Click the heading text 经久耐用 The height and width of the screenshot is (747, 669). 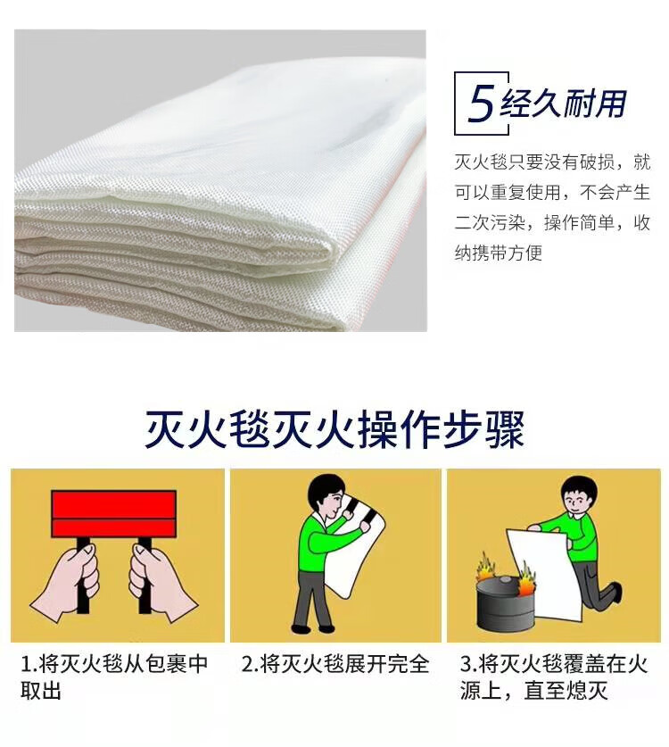tap(563, 103)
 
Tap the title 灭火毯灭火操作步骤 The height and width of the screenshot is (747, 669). tap(334, 428)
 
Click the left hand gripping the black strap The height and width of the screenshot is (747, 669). tap(68, 584)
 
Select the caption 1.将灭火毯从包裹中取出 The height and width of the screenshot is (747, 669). tap(114, 676)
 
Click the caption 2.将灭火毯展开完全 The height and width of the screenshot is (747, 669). tap(335, 664)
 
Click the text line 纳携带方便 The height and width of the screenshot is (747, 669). tap(499, 253)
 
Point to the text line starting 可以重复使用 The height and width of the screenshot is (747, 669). tap(552, 193)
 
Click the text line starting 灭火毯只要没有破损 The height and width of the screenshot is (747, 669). tap(552, 162)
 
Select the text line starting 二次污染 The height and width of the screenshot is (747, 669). tap(552, 222)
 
